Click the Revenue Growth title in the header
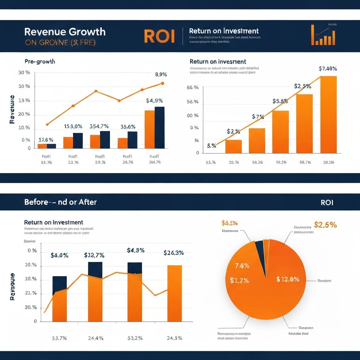pos(65,32)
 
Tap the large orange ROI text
pos(159,37)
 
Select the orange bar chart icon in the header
pos(323,36)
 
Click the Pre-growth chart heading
pos(40,62)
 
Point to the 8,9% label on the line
pos(161,75)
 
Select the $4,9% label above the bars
pos(155,101)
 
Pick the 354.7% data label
pos(99,127)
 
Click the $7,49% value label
pos(328,69)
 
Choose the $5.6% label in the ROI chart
pos(280,101)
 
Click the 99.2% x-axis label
pos(281,162)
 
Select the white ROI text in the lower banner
pos(327,202)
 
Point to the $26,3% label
pos(174,253)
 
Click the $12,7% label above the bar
pos(94,255)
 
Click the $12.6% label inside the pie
pos(288,279)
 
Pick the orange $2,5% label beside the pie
pos(325,225)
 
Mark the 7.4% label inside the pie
pos(242,266)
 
